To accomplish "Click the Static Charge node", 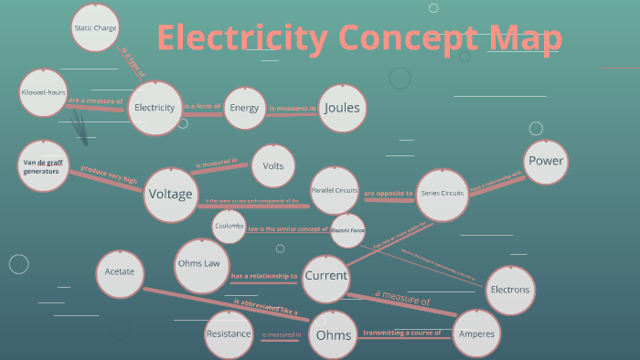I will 95,28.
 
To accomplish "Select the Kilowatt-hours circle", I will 43,93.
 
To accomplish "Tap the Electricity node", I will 155,108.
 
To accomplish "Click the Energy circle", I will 244,108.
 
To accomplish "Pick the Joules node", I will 342,108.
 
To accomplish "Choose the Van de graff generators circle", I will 42,166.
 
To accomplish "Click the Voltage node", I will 170,195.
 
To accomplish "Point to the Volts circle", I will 272,166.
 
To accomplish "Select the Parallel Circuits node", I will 335,192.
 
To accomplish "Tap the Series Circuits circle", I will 442,194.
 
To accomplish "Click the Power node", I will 546,162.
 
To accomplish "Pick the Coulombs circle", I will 229,226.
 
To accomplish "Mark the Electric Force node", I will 347,229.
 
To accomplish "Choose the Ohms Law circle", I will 198,263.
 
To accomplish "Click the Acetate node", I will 120,272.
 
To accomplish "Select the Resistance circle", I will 228,334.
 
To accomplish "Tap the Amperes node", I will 477,334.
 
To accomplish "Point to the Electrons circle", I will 509,290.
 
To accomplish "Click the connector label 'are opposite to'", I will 389,194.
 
